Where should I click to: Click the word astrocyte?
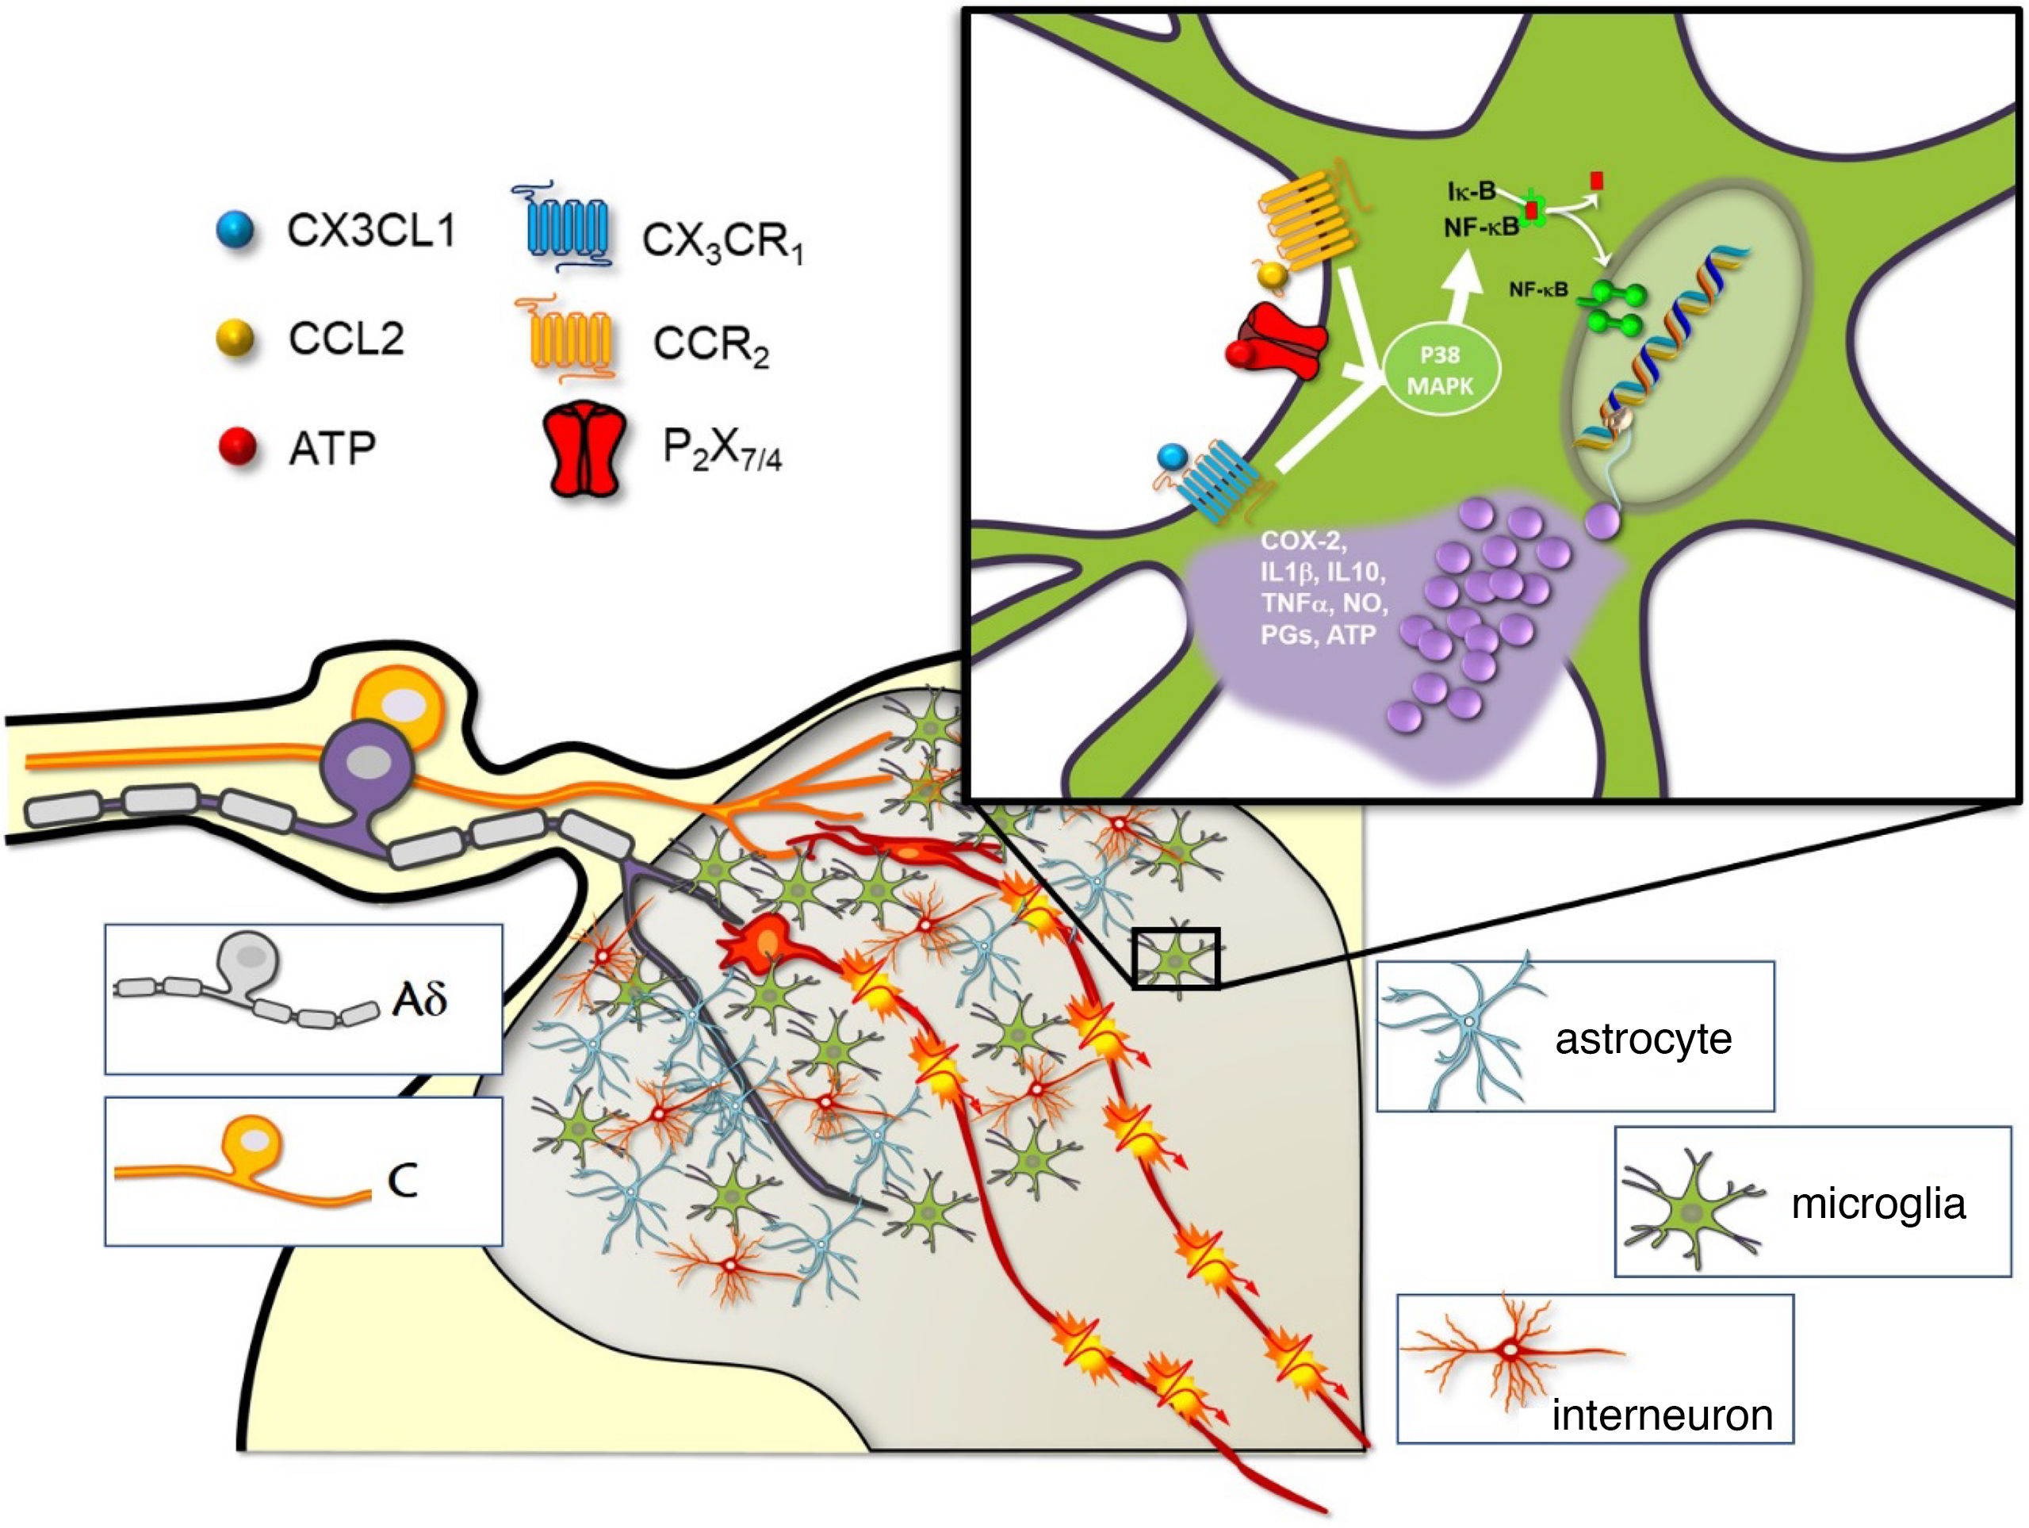(1643, 1039)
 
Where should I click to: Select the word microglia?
(1878, 1204)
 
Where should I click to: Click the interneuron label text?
(1661, 1415)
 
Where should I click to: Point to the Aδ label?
(419, 1000)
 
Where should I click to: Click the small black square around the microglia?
(1175, 959)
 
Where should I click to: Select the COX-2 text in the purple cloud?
(1303, 540)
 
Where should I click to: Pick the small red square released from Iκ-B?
(1597, 180)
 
